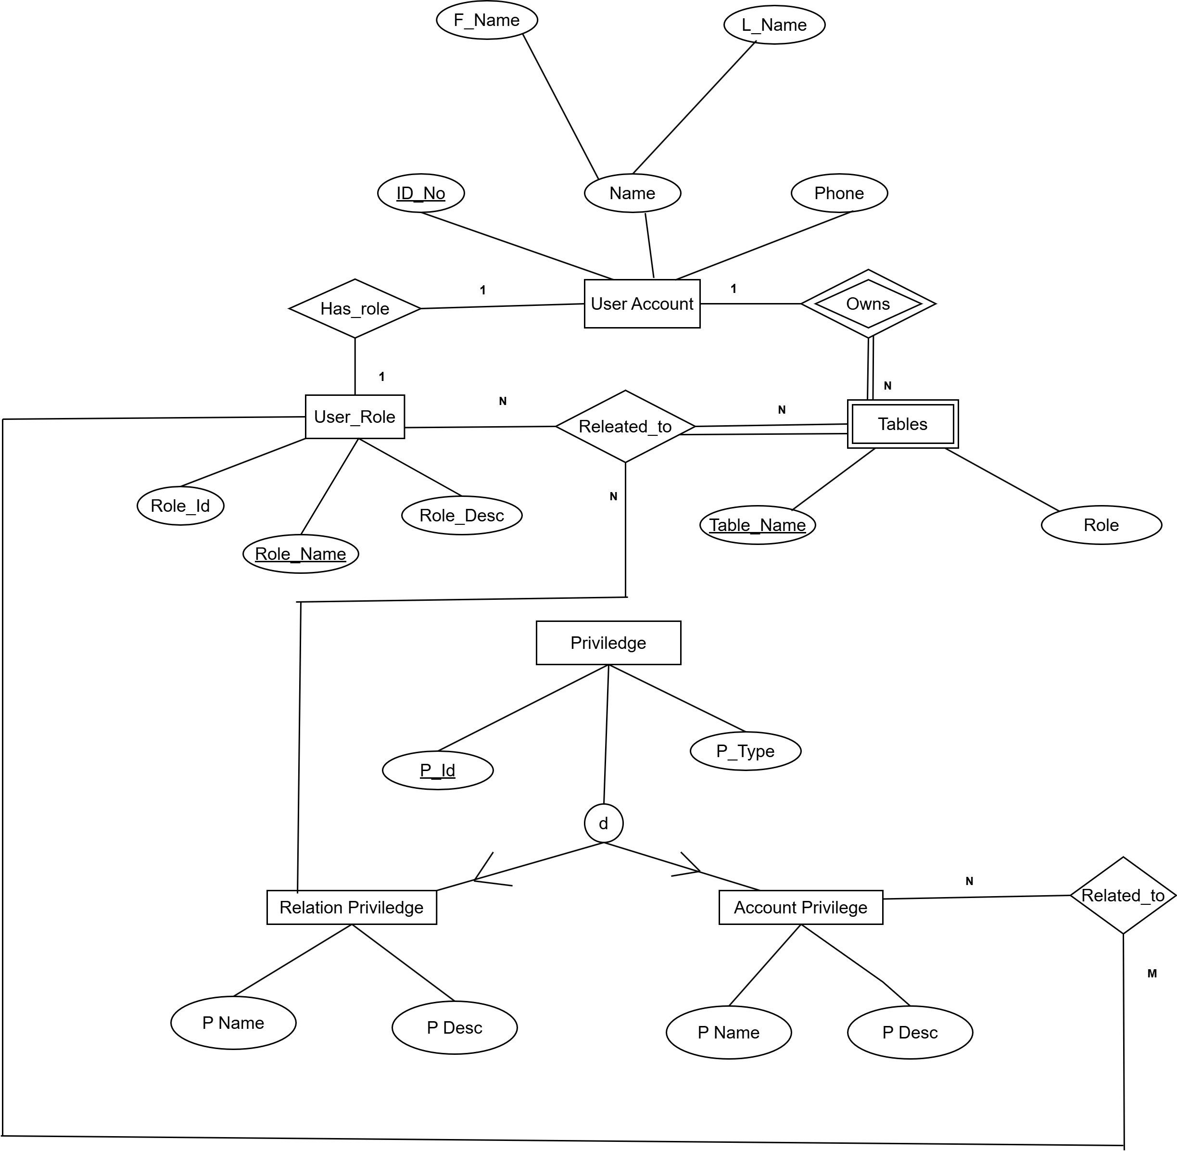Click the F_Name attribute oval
click(487, 20)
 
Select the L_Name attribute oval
click(774, 25)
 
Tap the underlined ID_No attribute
click(420, 193)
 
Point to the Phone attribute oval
click(839, 193)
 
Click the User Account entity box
click(642, 304)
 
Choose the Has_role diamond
click(354, 309)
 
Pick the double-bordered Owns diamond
click(868, 304)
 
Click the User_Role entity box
click(354, 417)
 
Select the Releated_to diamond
click(625, 427)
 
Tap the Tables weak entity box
click(902, 424)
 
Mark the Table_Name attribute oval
click(757, 525)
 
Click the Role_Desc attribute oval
click(462, 516)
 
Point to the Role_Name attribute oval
click(301, 554)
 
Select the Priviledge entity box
click(608, 643)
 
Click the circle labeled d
click(603, 823)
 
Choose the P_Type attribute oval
click(745, 751)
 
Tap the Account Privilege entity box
click(800, 908)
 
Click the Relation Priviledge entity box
click(351, 908)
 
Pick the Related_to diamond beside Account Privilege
click(1123, 896)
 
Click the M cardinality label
click(1152, 974)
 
